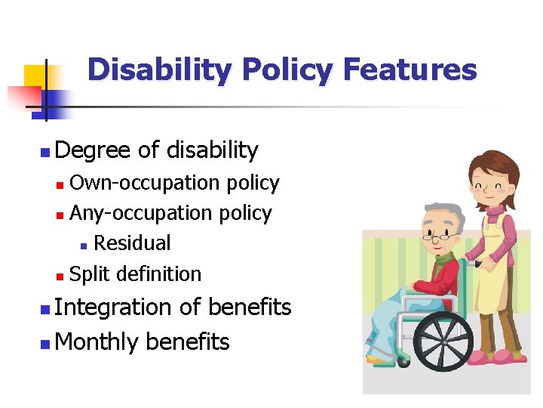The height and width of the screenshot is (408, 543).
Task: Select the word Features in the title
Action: click(x=410, y=70)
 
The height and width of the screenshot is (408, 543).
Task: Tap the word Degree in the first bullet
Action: click(x=94, y=150)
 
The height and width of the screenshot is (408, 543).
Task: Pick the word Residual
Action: click(x=132, y=243)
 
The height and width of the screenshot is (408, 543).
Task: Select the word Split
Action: click(x=90, y=274)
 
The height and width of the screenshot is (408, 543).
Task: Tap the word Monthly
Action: click(x=97, y=342)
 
